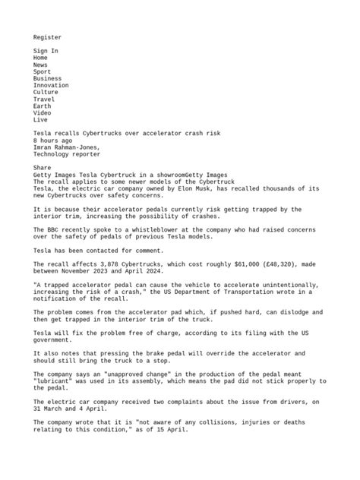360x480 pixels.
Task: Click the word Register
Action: pos(47,36)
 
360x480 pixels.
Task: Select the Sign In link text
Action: pos(46,51)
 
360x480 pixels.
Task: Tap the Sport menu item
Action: pos(43,71)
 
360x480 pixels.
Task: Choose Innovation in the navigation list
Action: pos(51,85)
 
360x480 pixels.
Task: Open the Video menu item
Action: pos(43,112)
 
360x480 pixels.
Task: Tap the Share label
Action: pos(43,168)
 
